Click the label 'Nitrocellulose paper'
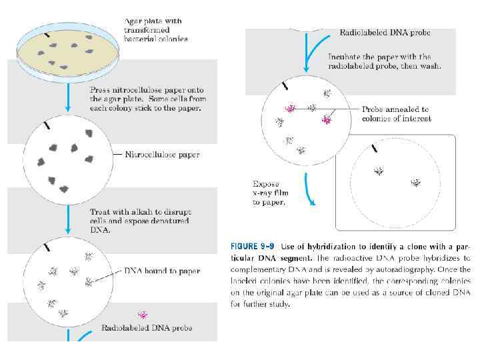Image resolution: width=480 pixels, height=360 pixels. pyautogui.click(x=162, y=155)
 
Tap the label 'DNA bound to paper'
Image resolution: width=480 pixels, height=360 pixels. pyautogui.click(x=162, y=271)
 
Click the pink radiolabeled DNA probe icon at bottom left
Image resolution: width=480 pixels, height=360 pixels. pyautogui.click(x=142, y=315)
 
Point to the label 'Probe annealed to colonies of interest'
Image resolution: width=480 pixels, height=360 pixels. pyautogui.click(x=396, y=114)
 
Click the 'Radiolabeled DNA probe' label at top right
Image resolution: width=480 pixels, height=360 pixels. pyautogui.click(x=385, y=33)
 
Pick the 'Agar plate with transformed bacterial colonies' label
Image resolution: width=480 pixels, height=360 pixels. pyautogui.click(x=156, y=30)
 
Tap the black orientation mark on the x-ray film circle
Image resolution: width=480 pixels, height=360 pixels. pyautogui.click(x=375, y=148)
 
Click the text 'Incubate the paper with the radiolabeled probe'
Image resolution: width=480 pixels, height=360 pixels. pyautogui.click(x=384, y=61)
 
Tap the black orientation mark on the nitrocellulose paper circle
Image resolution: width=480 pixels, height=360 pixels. pyautogui.click(x=47, y=125)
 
